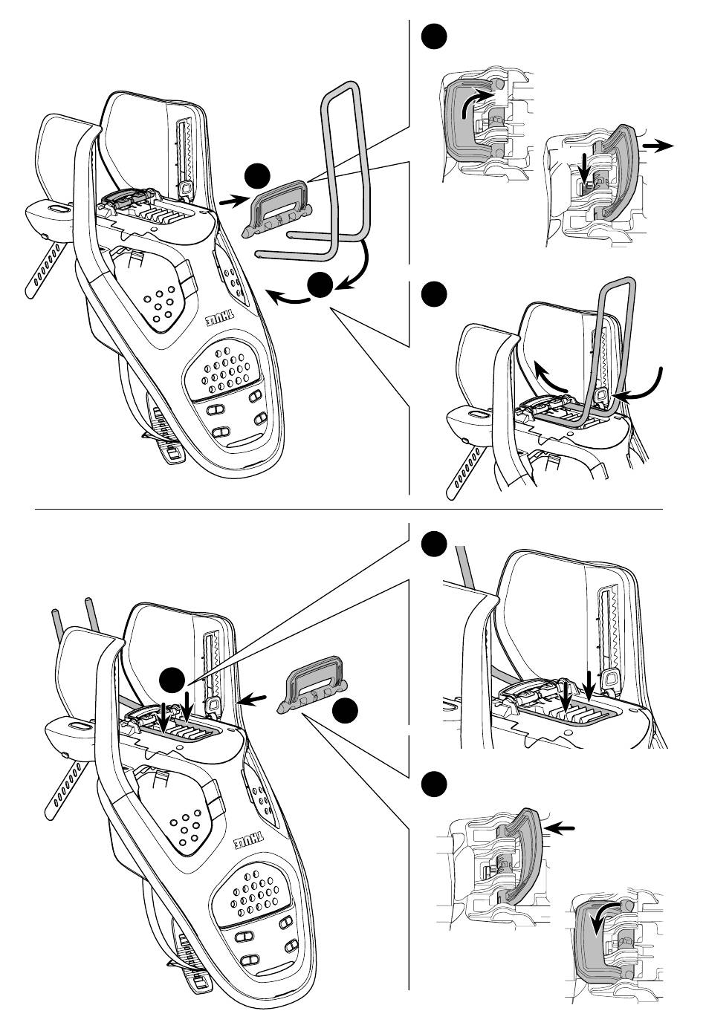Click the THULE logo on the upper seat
220,319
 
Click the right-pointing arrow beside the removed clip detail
658,146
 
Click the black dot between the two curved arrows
320,284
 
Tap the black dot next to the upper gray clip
258,176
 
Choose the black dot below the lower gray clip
345,710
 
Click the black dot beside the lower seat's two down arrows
172,680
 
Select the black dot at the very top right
434,36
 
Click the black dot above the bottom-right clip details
434,784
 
